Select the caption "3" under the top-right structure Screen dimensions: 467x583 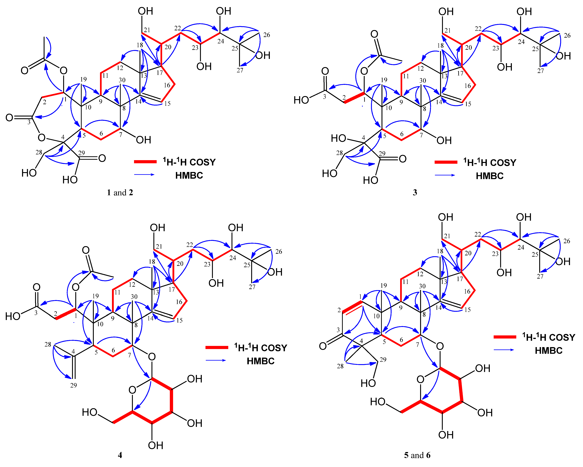pos(415,192)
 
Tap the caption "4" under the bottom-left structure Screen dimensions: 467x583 pos(120,455)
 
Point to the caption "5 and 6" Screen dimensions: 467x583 pos(417,455)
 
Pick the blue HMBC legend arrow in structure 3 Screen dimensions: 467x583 pos(445,175)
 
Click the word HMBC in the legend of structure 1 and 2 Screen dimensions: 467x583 pos(189,175)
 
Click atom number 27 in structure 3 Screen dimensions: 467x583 pos(540,71)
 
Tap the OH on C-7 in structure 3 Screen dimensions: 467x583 pos(444,140)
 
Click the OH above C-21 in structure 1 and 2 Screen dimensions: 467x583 pos(145,11)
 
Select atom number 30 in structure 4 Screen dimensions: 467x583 pos(134,297)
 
